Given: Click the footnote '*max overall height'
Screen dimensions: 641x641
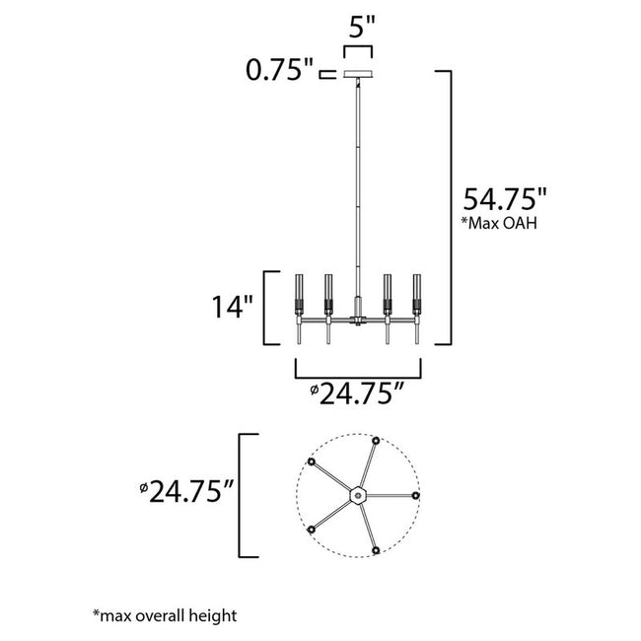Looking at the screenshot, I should tap(165, 616).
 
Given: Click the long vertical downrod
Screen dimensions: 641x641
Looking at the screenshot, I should tap(356, 197).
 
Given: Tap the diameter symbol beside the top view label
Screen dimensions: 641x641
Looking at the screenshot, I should tap(144, 487).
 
